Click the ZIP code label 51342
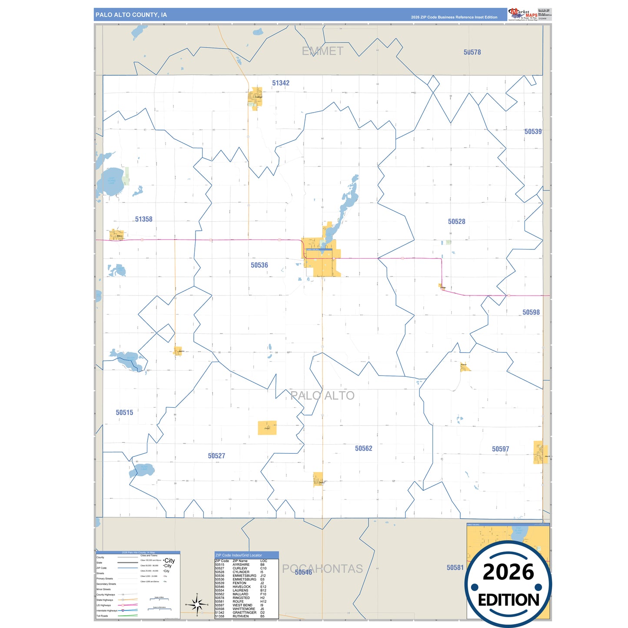point(281,83)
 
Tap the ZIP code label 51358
point(143,219)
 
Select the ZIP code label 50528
point(456,222)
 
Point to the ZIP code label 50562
point(363,449)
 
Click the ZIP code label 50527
point(216,456)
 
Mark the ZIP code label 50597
point(500,449)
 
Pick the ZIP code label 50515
point(124,412)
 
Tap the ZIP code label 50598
point(531,312)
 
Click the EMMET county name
point(322,51)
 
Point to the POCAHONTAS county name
point(322,568)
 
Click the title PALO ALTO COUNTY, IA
point(131,15)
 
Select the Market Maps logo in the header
point(523,14)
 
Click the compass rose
point(197,604)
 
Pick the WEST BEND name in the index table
point(242,605)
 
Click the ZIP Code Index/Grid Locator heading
point(239,555)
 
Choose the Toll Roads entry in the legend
point(103,616)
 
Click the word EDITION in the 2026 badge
point(508,600)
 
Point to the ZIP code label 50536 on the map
point(259,265)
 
